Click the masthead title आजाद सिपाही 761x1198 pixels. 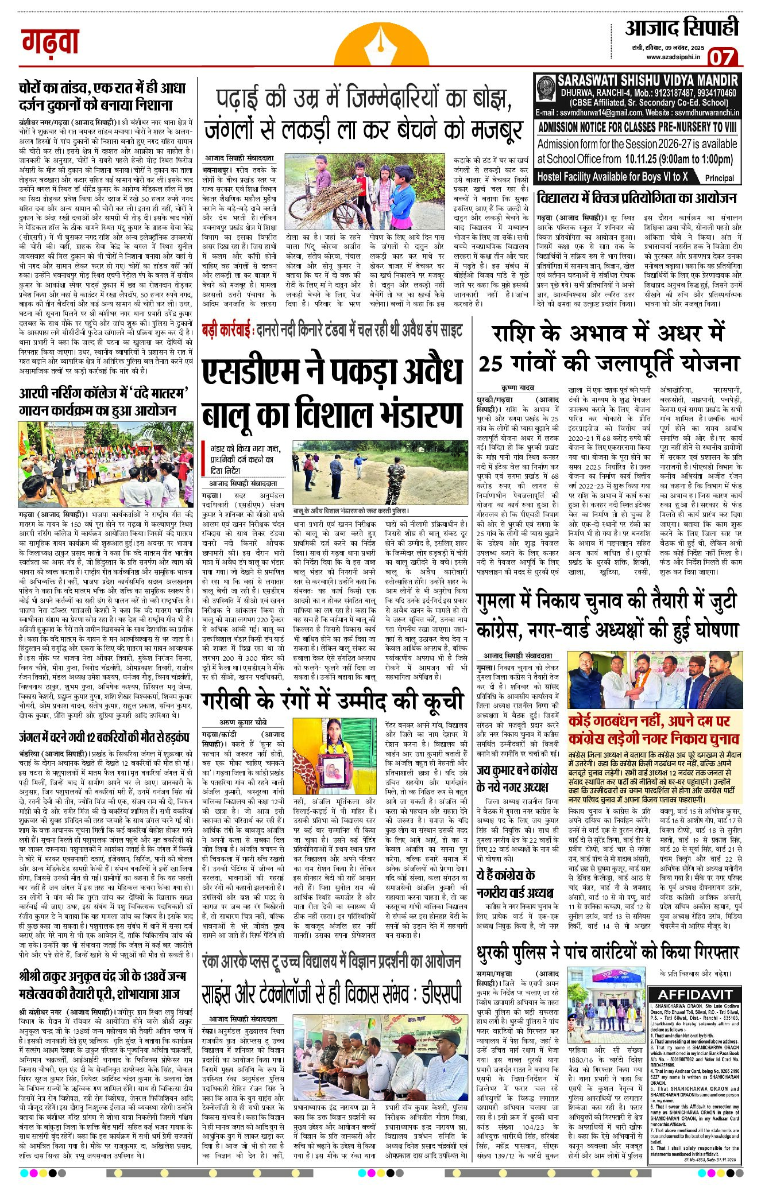681,28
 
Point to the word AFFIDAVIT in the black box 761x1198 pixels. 694,995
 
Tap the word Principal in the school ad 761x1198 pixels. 719,178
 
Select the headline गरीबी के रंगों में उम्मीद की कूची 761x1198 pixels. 333,701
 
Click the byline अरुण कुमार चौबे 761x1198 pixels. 243,722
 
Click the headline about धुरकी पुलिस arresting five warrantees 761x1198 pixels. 608,953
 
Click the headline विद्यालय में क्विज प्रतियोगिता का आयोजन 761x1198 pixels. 636,198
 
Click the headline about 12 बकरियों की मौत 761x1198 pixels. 103,737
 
